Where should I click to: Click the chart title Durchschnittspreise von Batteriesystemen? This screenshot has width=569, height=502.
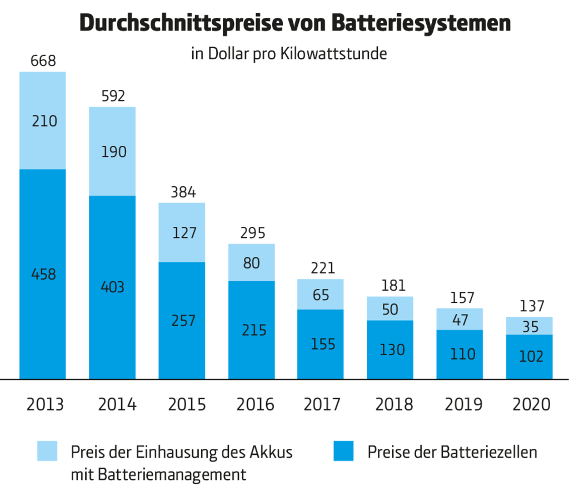point(295,23)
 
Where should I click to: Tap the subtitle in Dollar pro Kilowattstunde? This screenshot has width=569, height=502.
point(288,54)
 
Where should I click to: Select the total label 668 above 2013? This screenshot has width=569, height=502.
point(43,60)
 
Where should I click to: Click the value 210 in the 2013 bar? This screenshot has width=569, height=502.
point(43,120)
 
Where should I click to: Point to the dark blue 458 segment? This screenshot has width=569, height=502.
point(43,274)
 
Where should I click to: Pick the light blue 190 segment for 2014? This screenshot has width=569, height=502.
point(113,151)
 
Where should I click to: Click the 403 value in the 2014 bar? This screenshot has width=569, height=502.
point(113,287)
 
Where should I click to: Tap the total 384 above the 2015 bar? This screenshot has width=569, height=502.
point(182,192)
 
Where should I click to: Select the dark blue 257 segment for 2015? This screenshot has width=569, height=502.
point(182,321)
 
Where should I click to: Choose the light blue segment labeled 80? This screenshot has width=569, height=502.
point(252,263)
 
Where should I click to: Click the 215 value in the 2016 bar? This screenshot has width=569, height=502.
point(252,330)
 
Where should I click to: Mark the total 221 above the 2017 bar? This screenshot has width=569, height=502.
point(321,268)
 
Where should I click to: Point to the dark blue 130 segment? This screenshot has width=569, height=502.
point(390,350)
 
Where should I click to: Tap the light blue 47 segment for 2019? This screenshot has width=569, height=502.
point(460,320)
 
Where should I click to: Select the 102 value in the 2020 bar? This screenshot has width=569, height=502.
point(530,357)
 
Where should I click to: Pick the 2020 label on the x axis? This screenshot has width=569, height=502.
point(530,404)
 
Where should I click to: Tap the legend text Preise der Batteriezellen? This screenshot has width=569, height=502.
point(452,452)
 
